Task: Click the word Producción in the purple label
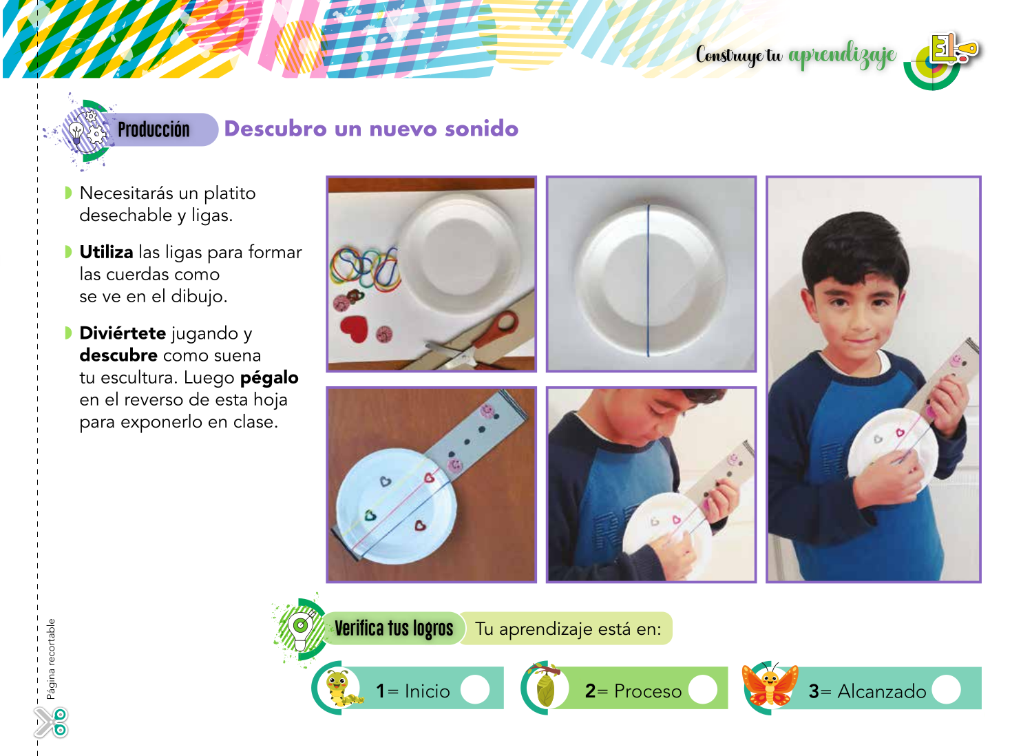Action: [x=154, y=129]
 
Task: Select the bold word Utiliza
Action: [x=107, y=252]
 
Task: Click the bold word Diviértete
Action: [x=123, y=333]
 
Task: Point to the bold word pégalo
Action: [x=269, y=378]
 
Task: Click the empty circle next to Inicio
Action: [x=474, y=690]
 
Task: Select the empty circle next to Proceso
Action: [x=703, y=690]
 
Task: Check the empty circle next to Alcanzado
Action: [x=947, y=690]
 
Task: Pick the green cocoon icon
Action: [x=546, y=688]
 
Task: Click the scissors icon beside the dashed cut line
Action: [x=52, y=722]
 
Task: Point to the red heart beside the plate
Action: [x=355, y=329]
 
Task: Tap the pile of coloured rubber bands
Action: [x=366, y=270]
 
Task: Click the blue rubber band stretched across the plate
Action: [x=649, y=281]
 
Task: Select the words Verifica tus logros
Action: [x=394, y=629]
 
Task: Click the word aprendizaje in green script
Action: [x=842, y=56]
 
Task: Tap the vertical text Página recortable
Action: [x=51, y=659]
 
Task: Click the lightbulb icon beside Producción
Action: [x=76, y=132]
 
